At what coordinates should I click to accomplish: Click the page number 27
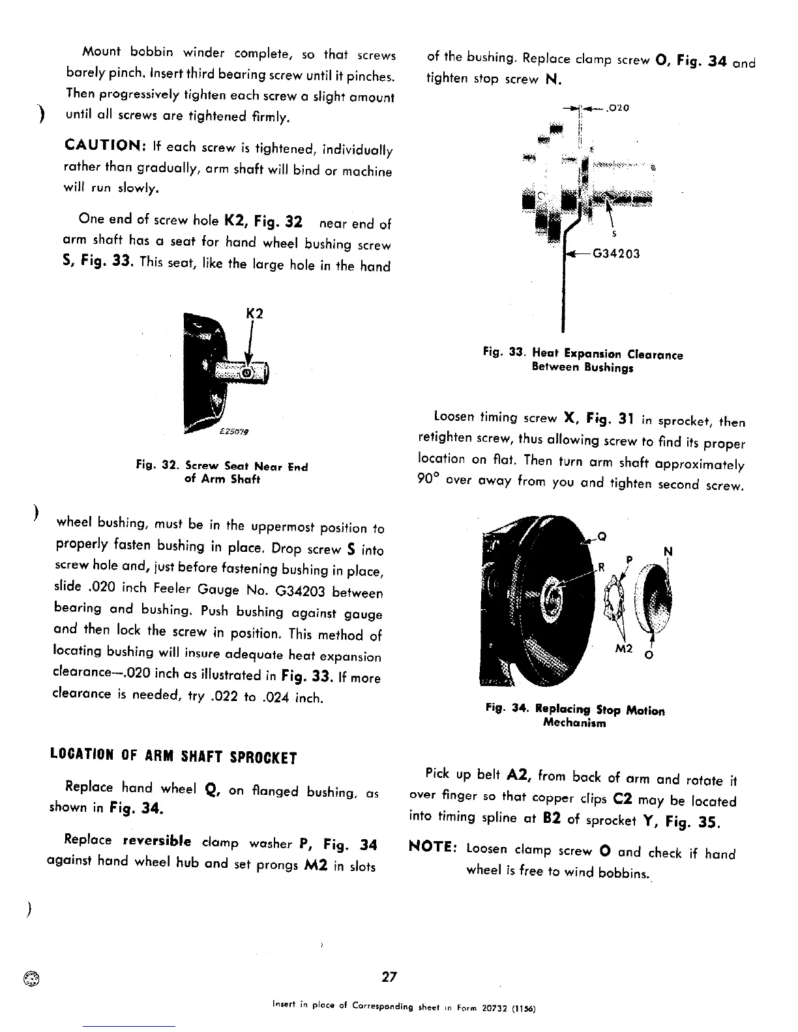pos(389,977)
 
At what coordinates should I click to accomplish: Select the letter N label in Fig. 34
pos(668,552)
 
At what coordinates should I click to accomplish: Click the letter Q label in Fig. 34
pos(602,537)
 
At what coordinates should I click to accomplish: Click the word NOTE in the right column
pos(432,848)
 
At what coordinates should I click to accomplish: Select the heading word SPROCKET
pos(263,758)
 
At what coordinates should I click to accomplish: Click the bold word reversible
pos(156,840)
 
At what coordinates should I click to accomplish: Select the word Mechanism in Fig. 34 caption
pos(574,723)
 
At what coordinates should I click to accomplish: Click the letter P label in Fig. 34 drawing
pos(629,560)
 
